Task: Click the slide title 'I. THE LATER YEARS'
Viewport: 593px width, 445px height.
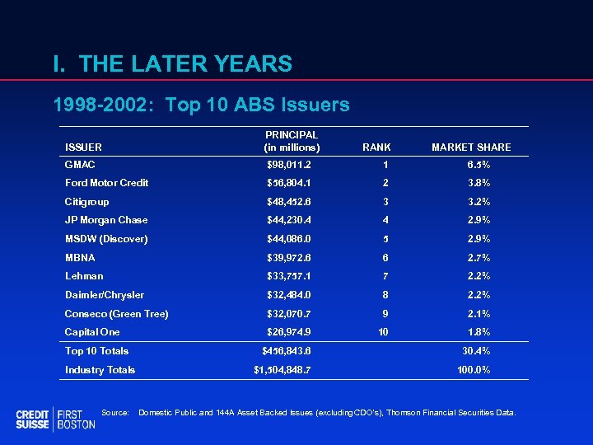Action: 171,63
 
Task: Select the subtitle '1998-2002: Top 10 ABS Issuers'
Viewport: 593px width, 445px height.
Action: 201,105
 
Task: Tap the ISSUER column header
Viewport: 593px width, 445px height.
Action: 83,148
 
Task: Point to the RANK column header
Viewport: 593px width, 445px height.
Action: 376,148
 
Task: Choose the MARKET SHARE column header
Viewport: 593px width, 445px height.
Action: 471,148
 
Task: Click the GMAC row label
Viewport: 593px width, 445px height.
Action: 80,165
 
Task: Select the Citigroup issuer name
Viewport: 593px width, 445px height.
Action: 86,202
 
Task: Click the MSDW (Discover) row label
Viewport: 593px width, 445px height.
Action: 106,239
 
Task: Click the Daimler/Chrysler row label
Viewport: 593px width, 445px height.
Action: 105,295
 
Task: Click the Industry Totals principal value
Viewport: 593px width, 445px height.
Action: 282,370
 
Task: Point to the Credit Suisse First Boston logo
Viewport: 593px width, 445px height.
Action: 55,419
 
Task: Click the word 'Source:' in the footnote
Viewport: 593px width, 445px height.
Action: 114,412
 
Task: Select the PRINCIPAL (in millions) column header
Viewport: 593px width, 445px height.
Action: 292,141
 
